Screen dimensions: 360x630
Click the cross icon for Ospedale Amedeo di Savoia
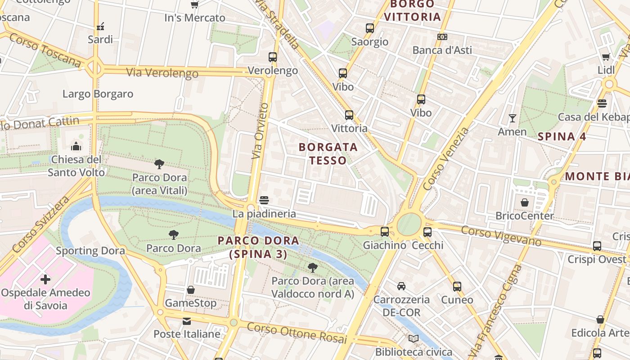click(x=45, y=279)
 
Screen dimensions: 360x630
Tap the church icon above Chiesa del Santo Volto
click(x=76, y=146)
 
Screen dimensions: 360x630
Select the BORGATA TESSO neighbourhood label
click(x=328, y=153)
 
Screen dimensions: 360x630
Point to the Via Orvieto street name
click(x=260, y=131)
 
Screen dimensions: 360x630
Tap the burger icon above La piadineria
click(x=264, y=200)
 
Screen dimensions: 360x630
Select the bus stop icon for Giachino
click(x=384, y=232)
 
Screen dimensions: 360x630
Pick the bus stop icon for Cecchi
click(x=427, y=232)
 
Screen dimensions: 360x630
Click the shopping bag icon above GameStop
click(x=191, y=290)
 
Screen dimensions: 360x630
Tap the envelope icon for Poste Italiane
click(x=186, y=321)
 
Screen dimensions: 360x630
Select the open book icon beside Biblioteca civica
click(x=414, y=339)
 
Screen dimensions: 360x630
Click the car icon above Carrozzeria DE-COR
click(x=401, y=286)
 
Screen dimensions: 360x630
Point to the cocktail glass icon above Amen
click(x=512, y=118)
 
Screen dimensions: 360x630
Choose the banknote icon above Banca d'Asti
click(x=442, y=37)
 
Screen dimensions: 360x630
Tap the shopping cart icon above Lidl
click(x=606, y=57)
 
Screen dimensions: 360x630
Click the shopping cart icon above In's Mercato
click(x=194, y=5)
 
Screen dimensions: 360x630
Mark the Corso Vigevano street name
click(x=501, y=236)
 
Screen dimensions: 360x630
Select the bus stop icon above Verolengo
click(x=273, y=57)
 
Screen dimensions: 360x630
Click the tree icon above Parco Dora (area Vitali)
click(x=159, y=164)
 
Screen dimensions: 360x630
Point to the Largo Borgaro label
click(x=98, y=94)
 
